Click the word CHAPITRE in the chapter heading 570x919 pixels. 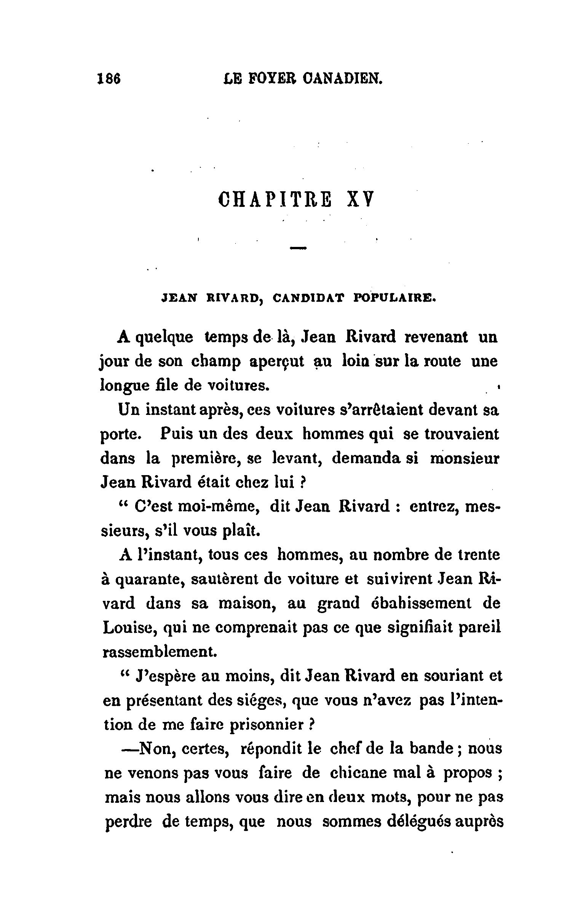point(275,199)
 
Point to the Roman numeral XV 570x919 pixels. point(360,199)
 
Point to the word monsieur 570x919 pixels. point(464,458)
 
